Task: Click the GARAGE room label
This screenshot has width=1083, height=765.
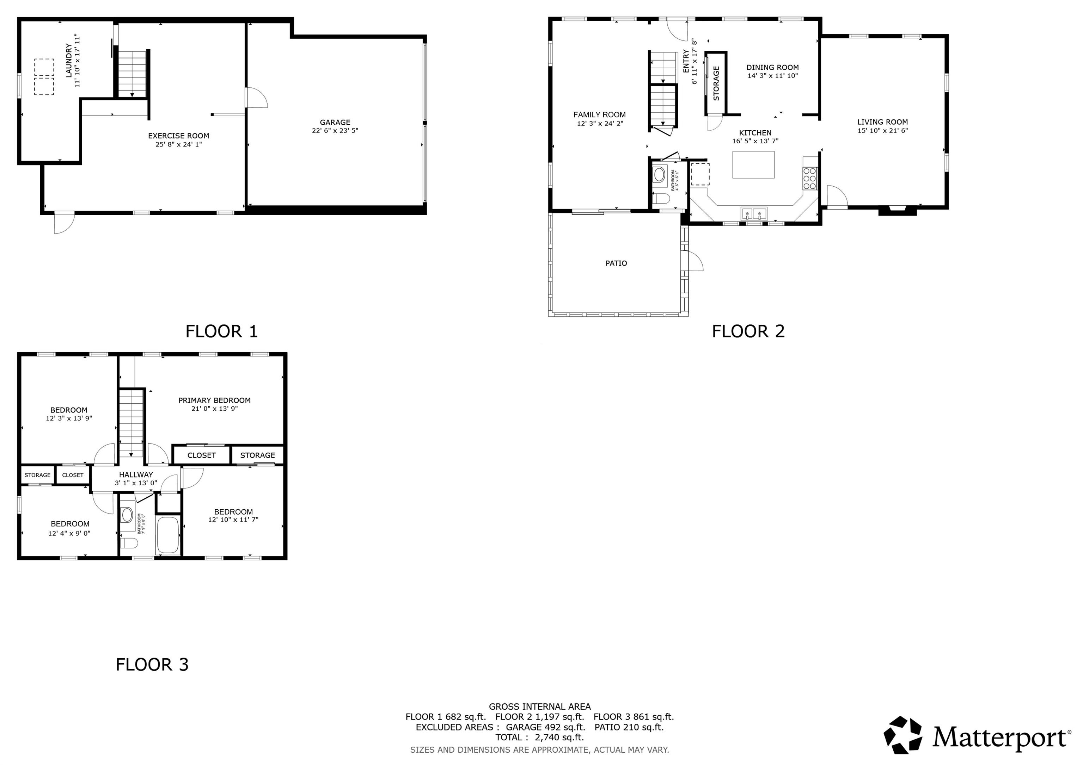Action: [x=335, y=122]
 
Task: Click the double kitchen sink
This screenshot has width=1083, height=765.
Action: [x=753, y=214]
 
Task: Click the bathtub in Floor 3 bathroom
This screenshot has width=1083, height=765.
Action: [x=168, y=535]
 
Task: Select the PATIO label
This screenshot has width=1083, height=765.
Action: [x=616, y=263]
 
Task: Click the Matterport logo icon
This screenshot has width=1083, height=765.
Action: [x=902, y=735]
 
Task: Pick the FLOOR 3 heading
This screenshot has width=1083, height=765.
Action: [x=152, y=665]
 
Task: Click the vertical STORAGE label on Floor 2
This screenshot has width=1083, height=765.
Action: [x=716, y=83]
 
